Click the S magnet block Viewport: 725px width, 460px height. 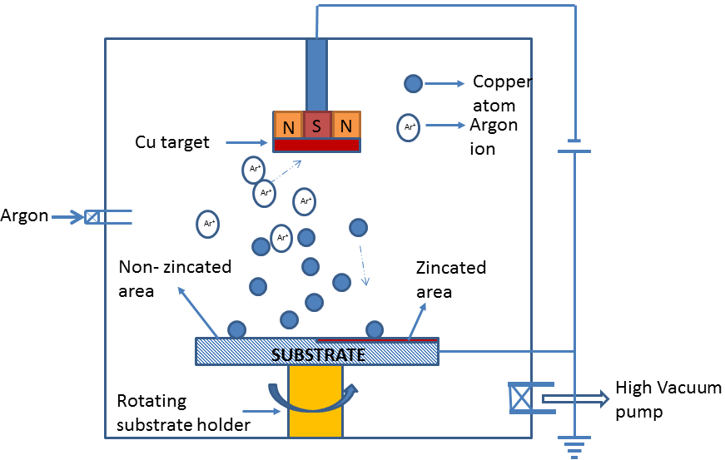pos(316,125)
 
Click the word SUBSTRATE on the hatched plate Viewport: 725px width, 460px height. pos(319,355)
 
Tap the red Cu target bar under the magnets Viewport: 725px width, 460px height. pos(316,145)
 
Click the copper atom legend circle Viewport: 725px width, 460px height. pos(413,83)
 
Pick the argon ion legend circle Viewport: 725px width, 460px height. pos(409,126)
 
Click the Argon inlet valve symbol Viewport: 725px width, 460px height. pos(92,217)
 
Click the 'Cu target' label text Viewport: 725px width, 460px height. pos(172,143)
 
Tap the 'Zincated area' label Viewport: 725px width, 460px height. pos(450,279)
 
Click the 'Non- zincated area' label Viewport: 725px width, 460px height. pos(175,279)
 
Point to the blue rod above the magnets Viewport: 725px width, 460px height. pos(316,74)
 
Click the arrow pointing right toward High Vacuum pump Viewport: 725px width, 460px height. pos(575,398)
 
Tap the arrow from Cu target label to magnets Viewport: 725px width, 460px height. pos(246,143)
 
